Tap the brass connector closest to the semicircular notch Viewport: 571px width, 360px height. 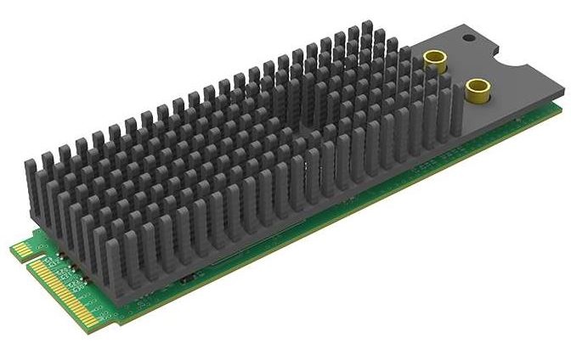[x=478, y=87]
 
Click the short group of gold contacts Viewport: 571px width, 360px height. [x=20, y=249]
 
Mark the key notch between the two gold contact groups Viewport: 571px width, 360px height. [x=31, y=259]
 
